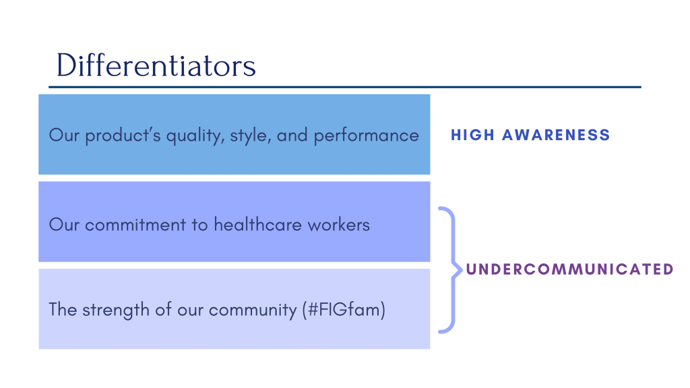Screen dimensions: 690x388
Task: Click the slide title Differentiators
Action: [156, 65]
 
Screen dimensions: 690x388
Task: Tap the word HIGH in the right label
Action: [472, 135]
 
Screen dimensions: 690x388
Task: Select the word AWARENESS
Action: [556, 135]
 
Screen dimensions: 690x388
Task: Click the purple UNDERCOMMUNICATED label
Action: [570, 269]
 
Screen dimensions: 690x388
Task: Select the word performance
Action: [366, 135]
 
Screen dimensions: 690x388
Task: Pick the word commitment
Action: [135, 225]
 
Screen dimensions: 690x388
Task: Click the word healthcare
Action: [258, 224]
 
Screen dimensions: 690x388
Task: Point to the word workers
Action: [339, 224]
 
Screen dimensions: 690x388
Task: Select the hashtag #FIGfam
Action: [344, 309]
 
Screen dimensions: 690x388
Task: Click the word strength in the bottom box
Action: [116, 310]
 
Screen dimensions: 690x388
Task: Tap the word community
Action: [253, 310]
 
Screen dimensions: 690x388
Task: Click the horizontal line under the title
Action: [345, 87]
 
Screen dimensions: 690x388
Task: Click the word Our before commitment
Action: [64, 224]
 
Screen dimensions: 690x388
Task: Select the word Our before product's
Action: [64, 135]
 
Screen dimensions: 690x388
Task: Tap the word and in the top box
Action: [292, 135]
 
